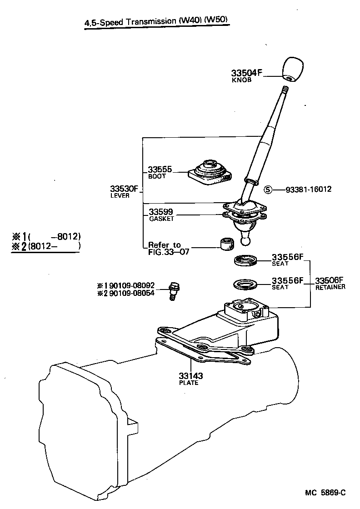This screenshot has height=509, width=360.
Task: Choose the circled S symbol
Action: (268, 190)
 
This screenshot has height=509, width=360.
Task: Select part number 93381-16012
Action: (308, 190)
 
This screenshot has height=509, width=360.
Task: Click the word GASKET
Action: (161, 219)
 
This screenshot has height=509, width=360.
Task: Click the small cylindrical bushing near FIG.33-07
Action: (226, 244)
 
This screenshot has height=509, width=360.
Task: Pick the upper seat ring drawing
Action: (246, 261)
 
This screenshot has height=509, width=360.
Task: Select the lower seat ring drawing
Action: (245, 285)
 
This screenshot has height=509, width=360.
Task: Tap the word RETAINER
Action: (330, 287)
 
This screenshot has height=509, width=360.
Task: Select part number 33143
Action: (190, 376)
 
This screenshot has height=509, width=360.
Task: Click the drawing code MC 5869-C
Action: (325, 493)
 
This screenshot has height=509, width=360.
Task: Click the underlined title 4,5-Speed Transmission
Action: (155, 21)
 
